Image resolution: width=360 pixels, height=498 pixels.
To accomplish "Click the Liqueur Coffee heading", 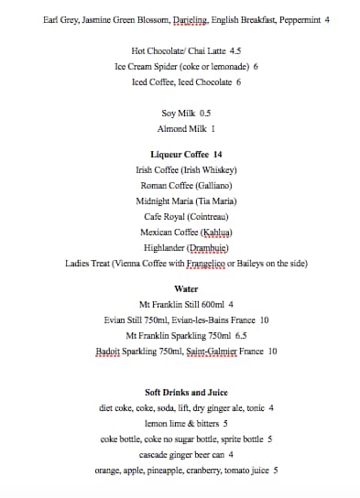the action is point(186,155).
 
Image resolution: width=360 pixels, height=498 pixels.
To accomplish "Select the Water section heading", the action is point(186,288).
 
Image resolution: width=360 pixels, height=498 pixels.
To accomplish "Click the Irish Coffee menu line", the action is point(186,170).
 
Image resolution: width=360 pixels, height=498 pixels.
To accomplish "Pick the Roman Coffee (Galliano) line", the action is point(186,186).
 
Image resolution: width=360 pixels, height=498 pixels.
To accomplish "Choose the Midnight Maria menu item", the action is point(186,201).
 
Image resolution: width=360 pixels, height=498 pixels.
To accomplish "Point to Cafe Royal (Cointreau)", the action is point(186,217).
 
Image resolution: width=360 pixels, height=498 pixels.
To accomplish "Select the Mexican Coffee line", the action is point(186,233).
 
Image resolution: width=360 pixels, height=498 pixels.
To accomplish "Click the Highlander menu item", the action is point(186,248).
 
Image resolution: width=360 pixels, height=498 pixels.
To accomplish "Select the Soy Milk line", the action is point(186,114).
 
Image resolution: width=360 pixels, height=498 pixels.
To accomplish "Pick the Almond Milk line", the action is point(186,129).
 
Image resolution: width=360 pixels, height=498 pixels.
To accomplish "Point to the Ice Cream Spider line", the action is point(186,67).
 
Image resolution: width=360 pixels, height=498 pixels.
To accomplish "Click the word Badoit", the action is point(109,351).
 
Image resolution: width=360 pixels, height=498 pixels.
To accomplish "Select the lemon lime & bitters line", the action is point(186,424).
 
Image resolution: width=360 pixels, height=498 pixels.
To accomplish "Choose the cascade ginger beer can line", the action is point(186,455).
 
